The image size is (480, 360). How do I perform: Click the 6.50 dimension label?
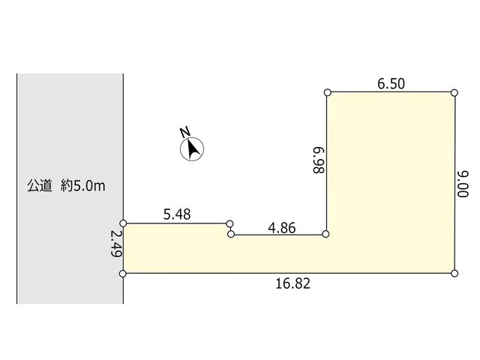(x=391, y=83)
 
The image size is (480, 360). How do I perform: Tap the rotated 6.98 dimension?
(x=318, y=160)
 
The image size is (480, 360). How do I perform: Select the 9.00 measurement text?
(x=463, y=184)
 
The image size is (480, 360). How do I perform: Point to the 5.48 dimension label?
(x=177, y=214)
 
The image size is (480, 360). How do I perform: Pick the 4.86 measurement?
(x=282, y=228)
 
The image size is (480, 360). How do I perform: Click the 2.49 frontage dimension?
(x=116, y=243)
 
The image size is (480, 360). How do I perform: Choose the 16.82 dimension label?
(x=293, y=283)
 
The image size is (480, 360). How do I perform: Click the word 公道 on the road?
(x=40, y=186)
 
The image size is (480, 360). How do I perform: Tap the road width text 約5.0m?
(x=83, y=186)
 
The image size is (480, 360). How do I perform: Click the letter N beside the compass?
(x=184, y=132)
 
